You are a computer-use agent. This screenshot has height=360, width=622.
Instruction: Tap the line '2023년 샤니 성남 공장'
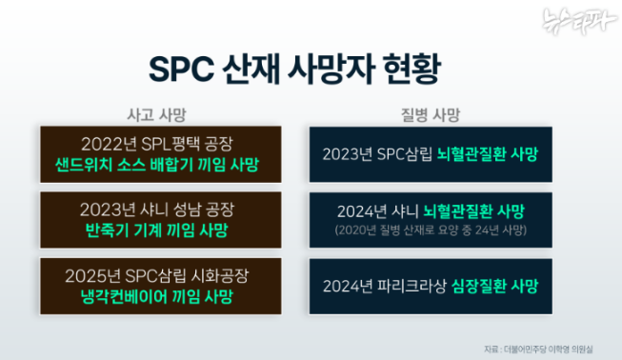pos(158,209)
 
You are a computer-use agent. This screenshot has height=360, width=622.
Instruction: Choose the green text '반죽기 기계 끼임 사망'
pos(158,230)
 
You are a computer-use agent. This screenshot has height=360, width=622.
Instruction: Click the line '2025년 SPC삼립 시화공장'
pos(158,275)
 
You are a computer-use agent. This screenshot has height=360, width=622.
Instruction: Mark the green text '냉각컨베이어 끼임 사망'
pos(158,296)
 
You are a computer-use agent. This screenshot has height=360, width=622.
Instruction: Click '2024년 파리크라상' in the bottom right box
pos(386,285)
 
